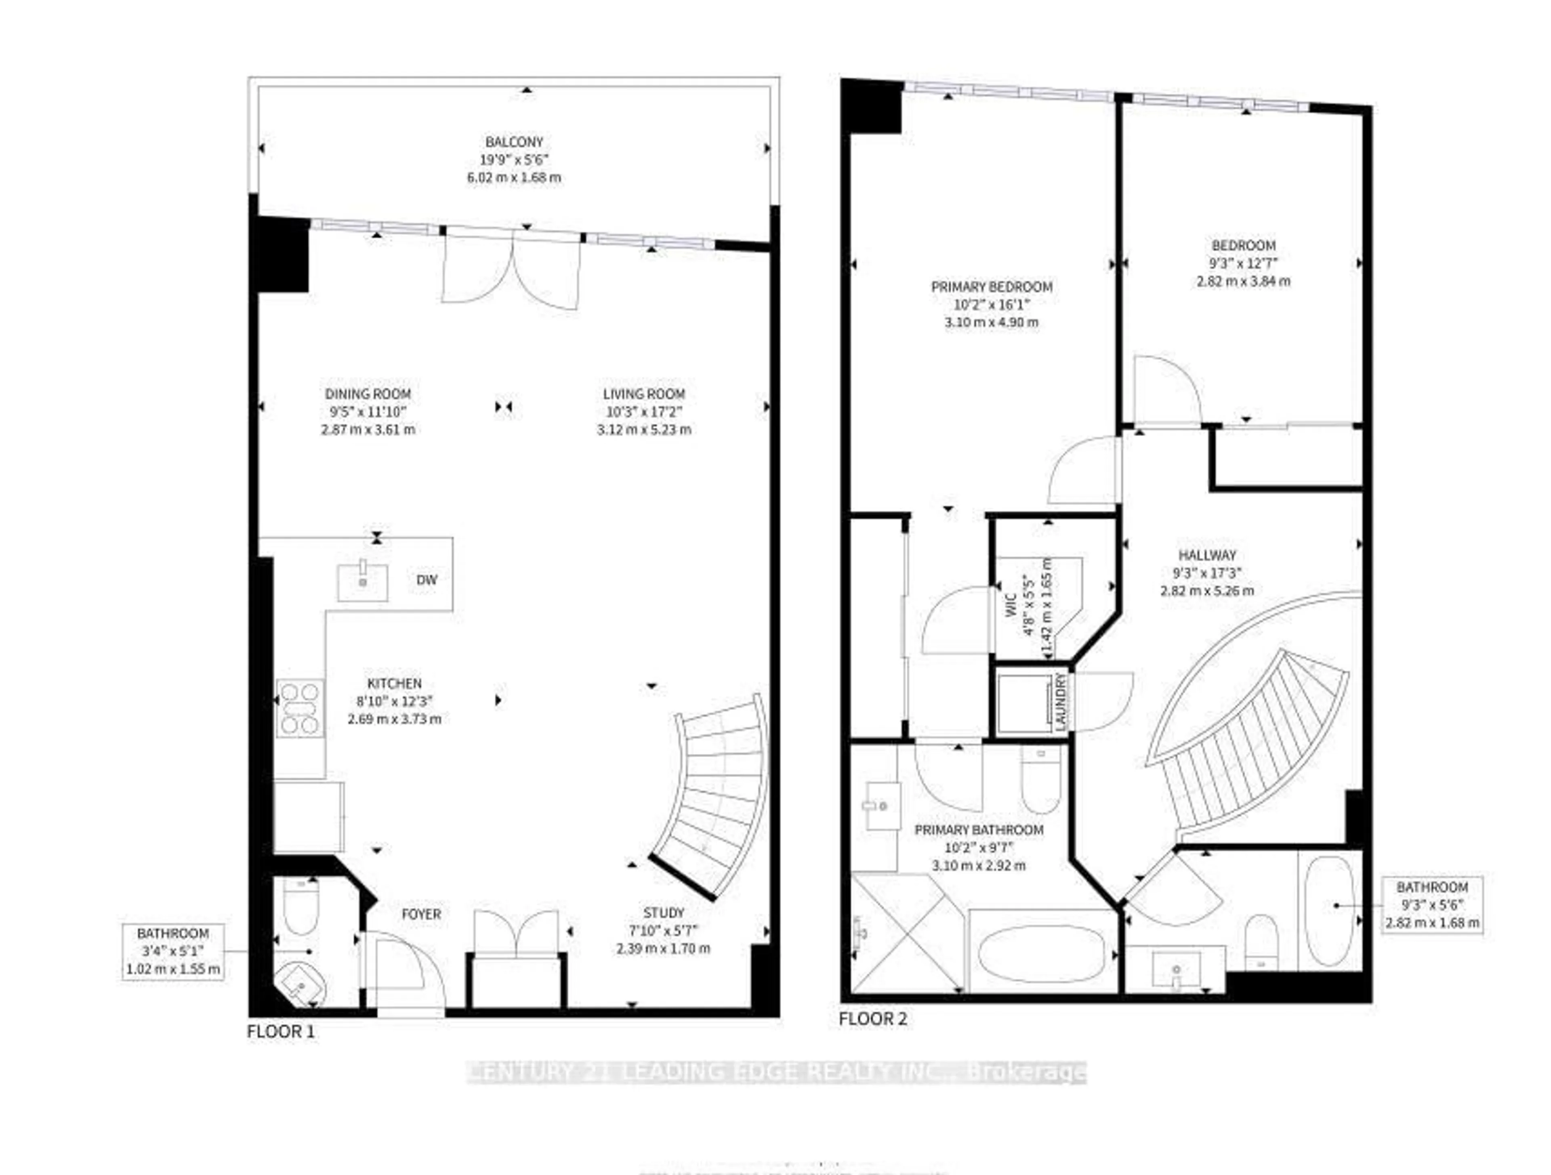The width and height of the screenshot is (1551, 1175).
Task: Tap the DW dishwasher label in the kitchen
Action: pos(426,580)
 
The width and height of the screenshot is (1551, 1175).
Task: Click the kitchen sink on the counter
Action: pos(363,581)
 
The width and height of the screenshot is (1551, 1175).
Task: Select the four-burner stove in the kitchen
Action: pos(300,708)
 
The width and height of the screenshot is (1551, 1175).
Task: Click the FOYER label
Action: pos(421,914)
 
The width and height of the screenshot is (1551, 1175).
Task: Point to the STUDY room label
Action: pos(663,913)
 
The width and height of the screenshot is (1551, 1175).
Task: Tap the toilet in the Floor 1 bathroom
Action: pos(301,905)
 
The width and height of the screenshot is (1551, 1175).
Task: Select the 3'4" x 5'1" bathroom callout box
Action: pos(173,951)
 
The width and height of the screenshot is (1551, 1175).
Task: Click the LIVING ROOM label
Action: pos(644,394)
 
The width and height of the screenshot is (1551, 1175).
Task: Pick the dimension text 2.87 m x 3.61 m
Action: pos(368,430)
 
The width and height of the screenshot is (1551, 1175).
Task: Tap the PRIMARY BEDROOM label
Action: pos(992,287)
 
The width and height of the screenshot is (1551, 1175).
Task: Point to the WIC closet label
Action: pos(1011,605)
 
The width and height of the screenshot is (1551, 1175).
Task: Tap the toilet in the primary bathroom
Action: pos(1041,778)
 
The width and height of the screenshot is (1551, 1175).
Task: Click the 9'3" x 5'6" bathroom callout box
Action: pos(1432,904)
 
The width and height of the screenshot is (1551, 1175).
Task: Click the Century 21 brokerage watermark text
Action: pos(776,1072)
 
